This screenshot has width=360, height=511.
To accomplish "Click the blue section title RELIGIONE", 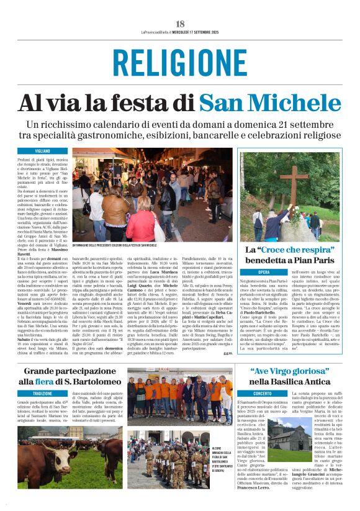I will point(179,63).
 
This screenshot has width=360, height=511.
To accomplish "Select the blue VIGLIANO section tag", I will point(43,151).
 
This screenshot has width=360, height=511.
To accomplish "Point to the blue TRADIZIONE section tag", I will point(43,394).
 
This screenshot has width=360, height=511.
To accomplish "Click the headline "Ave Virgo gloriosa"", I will point(286,371).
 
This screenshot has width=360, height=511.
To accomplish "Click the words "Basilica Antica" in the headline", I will point(295,381).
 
